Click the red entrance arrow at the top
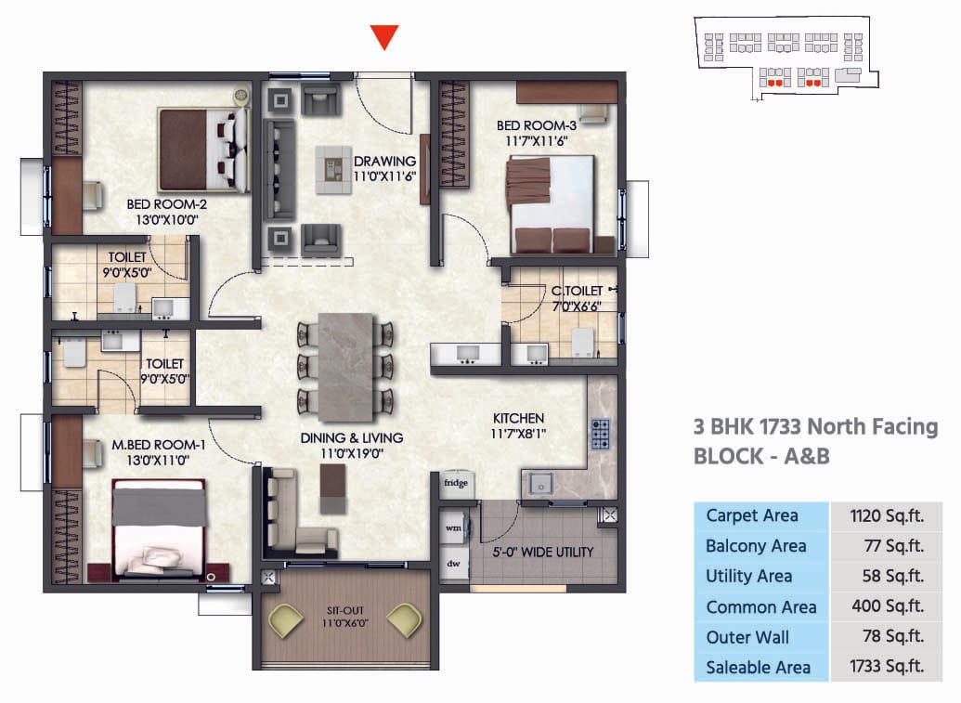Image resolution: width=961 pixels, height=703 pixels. (384, 36)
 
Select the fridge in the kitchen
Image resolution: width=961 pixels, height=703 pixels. (455, 484)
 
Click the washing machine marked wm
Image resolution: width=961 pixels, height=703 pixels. (454, 527)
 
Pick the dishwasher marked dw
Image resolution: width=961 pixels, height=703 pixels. (454, 563)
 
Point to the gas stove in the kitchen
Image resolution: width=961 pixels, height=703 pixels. (601, 435)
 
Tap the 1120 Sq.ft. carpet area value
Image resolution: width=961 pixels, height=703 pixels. (887, 515)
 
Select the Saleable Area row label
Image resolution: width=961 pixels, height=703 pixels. (758, 667)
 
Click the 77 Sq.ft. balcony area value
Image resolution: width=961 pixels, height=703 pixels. (887, 546)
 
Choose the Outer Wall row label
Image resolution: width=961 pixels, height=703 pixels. (747, 637)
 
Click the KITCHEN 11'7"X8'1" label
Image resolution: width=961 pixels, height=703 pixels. (518, 425)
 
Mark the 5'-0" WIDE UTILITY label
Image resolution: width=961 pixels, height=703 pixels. (542, 552)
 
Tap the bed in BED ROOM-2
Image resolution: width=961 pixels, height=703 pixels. (203, 150)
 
